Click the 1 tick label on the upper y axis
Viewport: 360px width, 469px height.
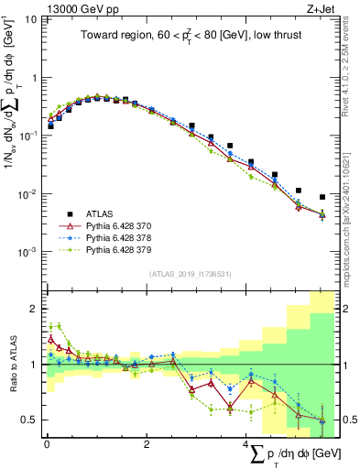pos(36,78)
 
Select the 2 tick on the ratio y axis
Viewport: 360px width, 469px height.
pos(36,309)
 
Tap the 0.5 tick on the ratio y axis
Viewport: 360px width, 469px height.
pos(32,420)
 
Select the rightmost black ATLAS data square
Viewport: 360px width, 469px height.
pos(322,197)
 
